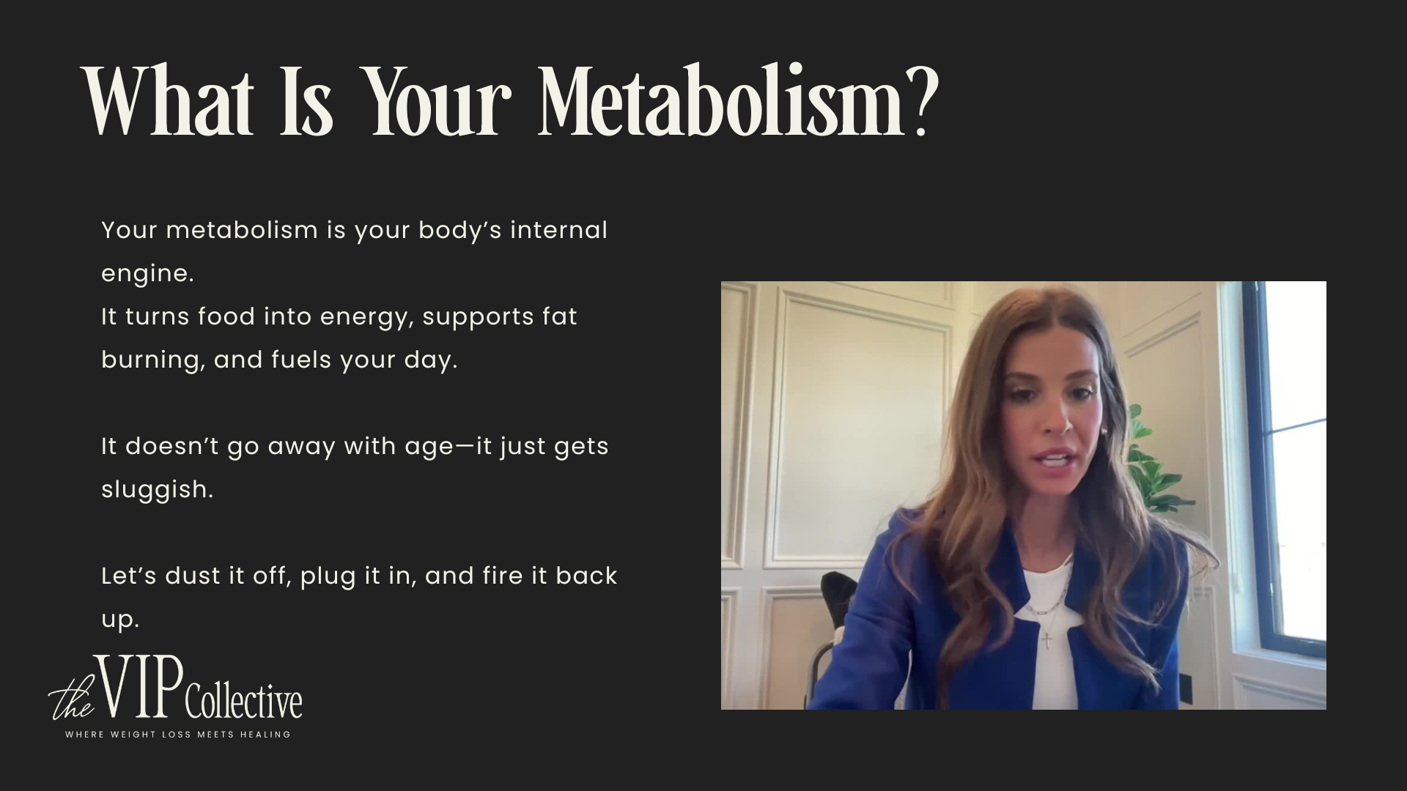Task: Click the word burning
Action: (151, 360)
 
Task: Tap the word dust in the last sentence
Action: (193, 576)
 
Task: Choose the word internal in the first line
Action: (558, 230)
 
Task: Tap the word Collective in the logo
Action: (243, 702)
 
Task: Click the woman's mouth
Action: (1055, 461)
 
